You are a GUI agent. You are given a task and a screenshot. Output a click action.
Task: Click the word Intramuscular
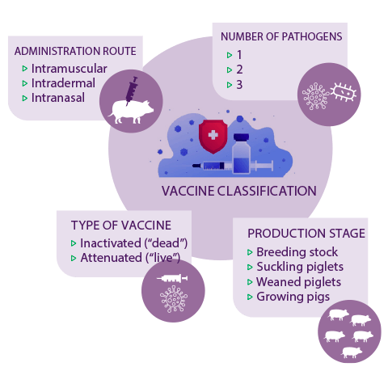click(x=70, y=69)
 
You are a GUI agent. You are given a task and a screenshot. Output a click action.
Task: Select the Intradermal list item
click(x=63, y=83)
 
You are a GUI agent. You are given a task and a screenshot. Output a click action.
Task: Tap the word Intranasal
click(x=58, y=98)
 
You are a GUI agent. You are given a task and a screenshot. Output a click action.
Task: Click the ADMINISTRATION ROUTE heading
click(x=75, y=51)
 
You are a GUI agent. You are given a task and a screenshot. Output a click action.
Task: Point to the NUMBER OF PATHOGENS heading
click(x=281, y=36)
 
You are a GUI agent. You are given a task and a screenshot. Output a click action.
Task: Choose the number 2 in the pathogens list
click(x=239, y=70)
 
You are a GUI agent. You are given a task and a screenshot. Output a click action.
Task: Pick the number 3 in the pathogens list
click(x=239, y=85)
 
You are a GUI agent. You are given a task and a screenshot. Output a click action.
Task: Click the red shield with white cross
click(x=213, y=137)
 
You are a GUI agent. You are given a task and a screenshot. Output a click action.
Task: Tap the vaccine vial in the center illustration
click(x=241, y=154)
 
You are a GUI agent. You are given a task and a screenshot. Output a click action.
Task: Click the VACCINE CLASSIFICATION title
click(x=239, y=191)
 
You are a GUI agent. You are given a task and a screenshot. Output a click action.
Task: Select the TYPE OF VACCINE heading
click(x=121, y=226)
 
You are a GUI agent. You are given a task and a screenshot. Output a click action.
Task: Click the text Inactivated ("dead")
click(x=133, y=243)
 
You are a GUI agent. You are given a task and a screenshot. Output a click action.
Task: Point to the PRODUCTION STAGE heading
click(x=306, y=234)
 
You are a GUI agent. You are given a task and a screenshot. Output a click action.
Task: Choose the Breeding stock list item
click(x=297, y=252)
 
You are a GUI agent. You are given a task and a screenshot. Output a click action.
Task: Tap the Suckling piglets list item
click(x=300, y=267)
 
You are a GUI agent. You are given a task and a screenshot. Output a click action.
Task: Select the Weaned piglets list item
click(x=298, y=282)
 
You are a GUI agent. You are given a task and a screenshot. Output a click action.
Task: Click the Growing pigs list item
click(x=293, y=297)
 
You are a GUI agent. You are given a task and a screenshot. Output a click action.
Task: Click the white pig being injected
click(x=130, y=112)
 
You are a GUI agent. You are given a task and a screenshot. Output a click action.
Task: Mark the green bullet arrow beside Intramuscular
click(x=25, y=69)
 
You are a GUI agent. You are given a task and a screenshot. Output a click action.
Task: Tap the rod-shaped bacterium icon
click(x=343, y=92)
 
